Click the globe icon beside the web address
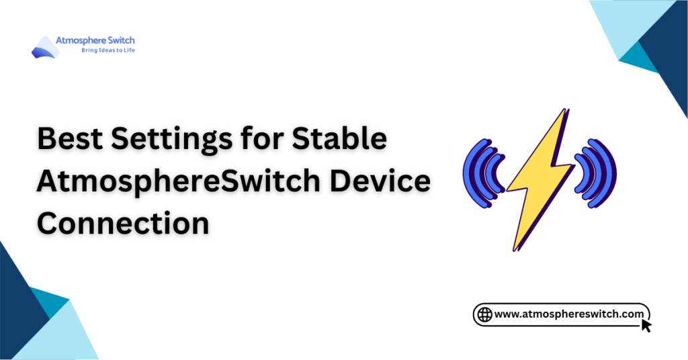tap(484, 314)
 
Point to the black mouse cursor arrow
tap(646, 326)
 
